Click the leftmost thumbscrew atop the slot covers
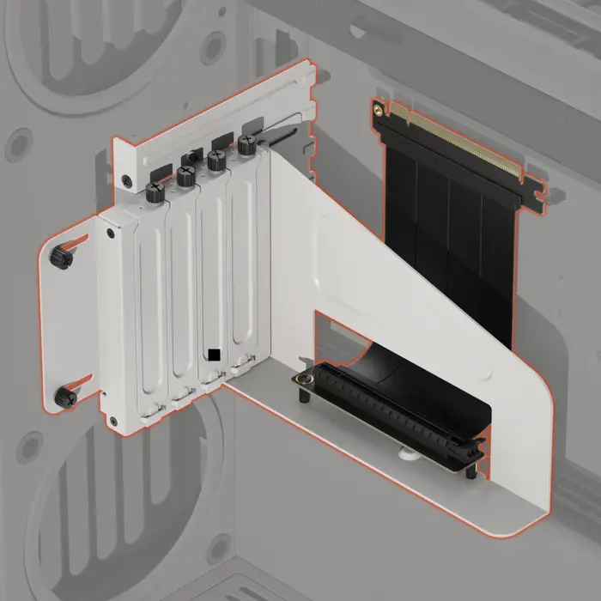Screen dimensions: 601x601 coord(155,191)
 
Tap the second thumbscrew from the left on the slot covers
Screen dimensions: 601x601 coord(185,176)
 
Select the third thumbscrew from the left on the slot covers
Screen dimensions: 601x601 coord(216,161)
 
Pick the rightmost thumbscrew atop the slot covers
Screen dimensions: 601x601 coord(247,145)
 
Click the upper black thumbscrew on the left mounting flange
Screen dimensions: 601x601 coord(63,255)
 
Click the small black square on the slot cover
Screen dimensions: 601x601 coord(214,354)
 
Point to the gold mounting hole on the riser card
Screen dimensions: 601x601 coord(378,109)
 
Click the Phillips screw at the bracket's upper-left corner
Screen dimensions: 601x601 coord(127,181)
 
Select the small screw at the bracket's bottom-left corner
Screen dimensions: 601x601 coord(112,421)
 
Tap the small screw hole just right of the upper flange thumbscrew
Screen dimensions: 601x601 coord(110,232)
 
